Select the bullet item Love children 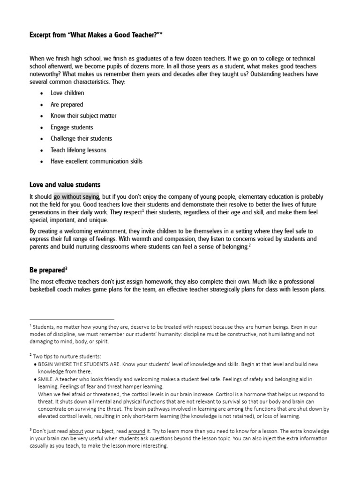tap(67, 93)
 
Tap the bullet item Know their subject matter tap(83, 116)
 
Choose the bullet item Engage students tap(72, 127)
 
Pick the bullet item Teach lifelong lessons tap(78, 150)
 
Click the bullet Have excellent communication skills tap(97, 161)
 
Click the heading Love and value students tap(65, 185)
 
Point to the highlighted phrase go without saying tap(76, 197)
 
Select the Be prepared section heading tap(47, 270)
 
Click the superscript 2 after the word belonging tap(250, 245)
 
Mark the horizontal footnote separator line tap(72, 319)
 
